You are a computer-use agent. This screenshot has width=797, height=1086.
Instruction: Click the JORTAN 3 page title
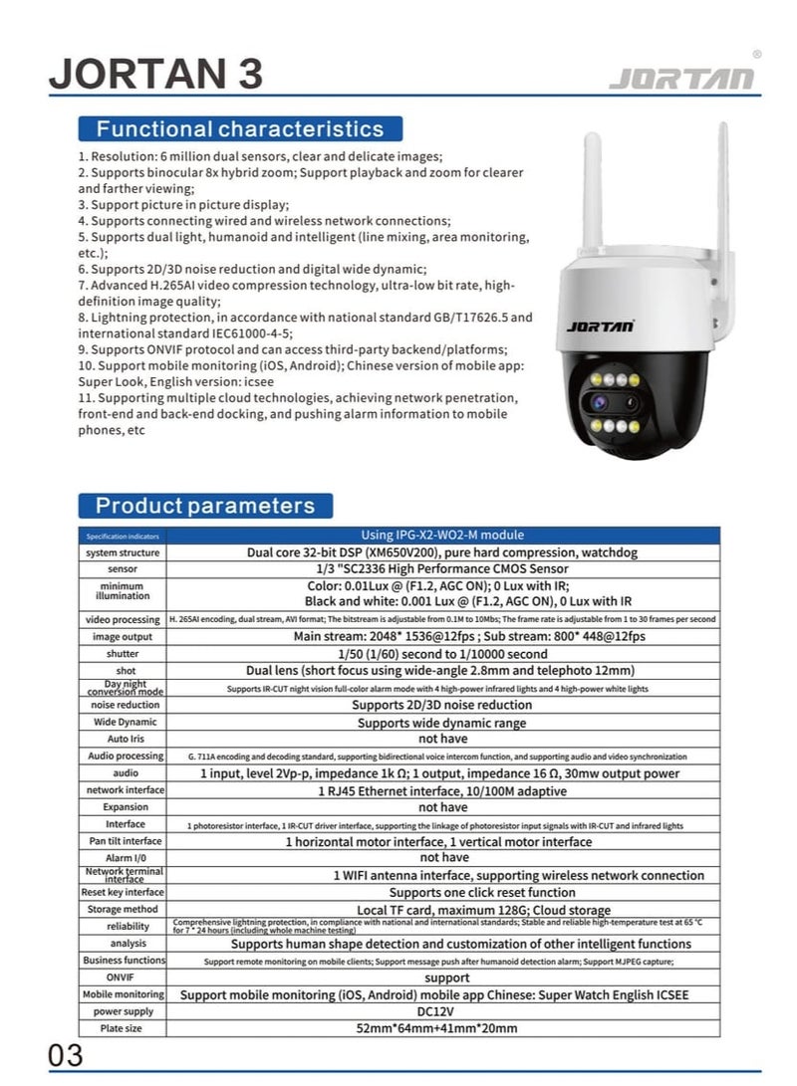tap(155, 75)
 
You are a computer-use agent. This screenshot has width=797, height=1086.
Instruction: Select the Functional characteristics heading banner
tap(239, 128)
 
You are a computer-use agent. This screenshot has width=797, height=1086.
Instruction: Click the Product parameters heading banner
tap(204, 505)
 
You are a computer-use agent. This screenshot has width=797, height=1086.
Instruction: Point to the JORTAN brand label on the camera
tap(600, 325)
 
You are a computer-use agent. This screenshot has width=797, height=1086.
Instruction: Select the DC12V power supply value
tap(440, 1011)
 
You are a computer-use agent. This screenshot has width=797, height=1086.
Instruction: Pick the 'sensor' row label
tap(124, 569)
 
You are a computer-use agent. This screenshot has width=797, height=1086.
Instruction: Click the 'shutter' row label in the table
tap(124, 654)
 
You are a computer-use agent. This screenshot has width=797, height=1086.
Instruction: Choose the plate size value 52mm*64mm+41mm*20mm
tap(440, 1028)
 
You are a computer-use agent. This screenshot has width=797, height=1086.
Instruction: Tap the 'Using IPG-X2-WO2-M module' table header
tap(440, 536)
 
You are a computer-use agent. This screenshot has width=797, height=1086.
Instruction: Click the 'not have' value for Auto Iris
tap(440, 740)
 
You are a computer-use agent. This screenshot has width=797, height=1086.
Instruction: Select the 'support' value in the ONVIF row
tap(440, 977)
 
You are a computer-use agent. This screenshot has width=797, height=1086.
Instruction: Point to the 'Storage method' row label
tap(124, 909)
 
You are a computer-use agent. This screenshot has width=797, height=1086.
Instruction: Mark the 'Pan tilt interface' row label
tap(124, 841)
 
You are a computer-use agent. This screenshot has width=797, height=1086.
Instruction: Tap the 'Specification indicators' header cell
tap(124, 536)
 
